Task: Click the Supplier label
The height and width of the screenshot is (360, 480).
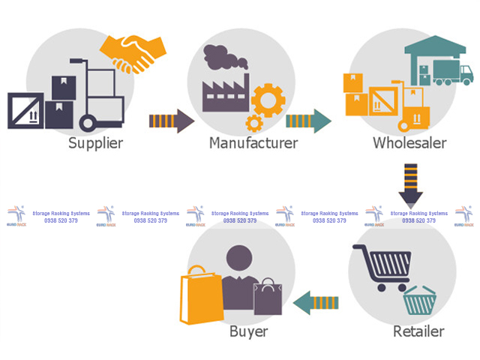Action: point(95,142)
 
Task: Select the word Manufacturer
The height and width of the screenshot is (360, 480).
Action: point(253,142)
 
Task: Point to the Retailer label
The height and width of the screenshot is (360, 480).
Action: point(418,331)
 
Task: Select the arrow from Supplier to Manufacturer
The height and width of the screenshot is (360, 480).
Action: point(172,120)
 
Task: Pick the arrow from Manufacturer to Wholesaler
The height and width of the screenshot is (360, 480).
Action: point(308,120)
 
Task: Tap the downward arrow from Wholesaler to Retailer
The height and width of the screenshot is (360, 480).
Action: point(410,184)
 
